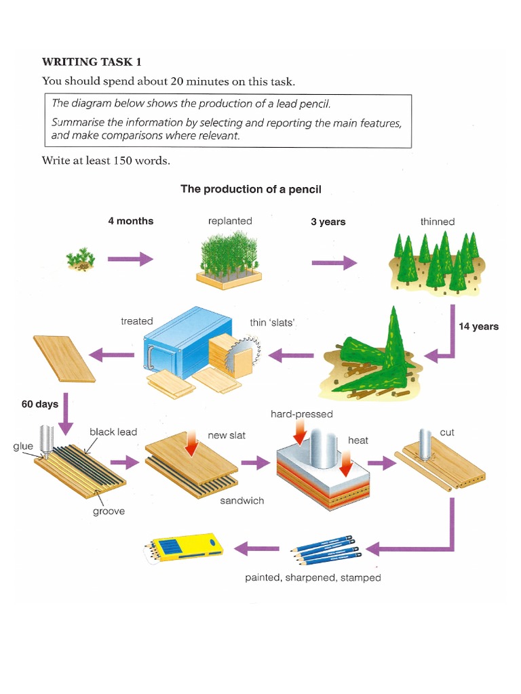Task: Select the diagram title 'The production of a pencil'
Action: pyautogui.click(x=250, y=189)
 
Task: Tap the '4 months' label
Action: pyautogui.click(x=131, y=221)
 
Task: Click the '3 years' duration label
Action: pyautogui.click(x=328, y=222)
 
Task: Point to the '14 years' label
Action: pyautogui.click(x=478, y=326)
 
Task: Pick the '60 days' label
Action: pyautogui.click(x=40, y=404)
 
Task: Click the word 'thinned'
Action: pyautogui.click(x=438, y=222)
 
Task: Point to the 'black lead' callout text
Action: pyautogui.click(x=113, y=432)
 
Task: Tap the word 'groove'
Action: pyautogui.click(x=109, y=511)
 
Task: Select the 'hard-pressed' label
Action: pyautogui.click(x=301, y=413)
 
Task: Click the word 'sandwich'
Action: pyautogui.click(x=242, y=500)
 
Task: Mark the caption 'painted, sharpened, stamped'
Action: pyautogui.click(x=313, y=577)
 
